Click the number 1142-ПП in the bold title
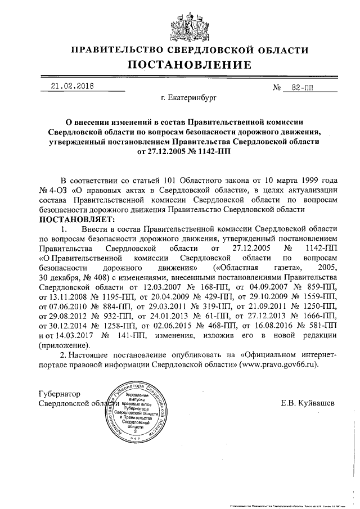point(209,151)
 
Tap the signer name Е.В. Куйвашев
point(308,403)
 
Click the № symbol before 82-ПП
point(276,89)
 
